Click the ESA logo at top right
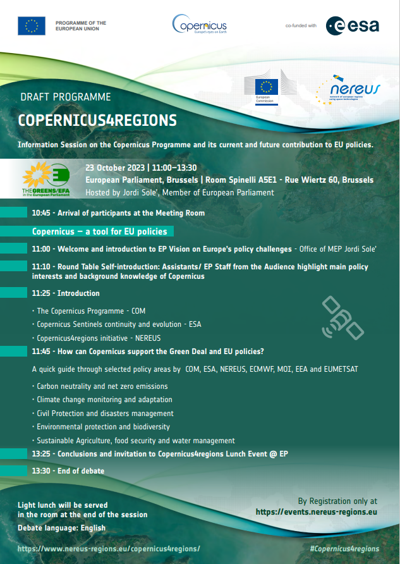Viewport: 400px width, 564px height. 352,25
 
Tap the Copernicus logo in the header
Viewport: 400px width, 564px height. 199,25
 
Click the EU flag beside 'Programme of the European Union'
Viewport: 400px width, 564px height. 32,26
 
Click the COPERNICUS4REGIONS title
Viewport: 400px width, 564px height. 97,120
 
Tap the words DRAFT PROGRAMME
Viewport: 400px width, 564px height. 66,97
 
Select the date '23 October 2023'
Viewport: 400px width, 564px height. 114,168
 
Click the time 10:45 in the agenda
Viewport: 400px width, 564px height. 41,213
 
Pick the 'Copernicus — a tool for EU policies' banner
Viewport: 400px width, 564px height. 100,232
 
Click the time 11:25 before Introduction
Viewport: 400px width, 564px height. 41,293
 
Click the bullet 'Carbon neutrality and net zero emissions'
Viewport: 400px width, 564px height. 102,386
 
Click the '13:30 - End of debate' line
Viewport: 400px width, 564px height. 68,471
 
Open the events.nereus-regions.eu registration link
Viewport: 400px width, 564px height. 317,512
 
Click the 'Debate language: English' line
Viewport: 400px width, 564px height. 62,527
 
